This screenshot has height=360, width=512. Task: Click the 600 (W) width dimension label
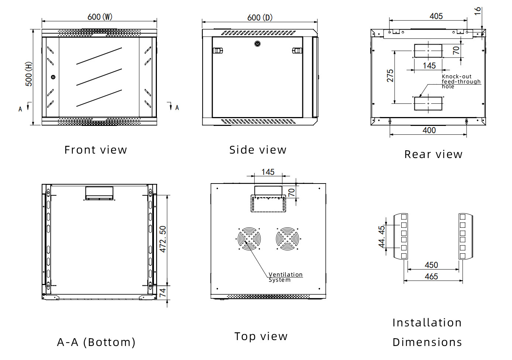point(100,17)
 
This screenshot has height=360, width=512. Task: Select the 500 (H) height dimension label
point(29,74)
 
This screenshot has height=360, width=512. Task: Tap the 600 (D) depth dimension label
point(260,18)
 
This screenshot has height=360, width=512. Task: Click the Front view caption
point(96,150)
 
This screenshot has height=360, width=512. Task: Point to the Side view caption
point(258,150)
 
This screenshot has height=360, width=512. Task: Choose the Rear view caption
point(433,154)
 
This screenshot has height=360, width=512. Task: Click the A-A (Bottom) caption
point(96,342)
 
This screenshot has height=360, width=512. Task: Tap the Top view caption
point(261,336)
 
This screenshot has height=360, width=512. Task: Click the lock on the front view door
point(53,77)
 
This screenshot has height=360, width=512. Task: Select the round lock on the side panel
point(258,44)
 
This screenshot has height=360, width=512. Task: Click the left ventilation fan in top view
point(249,239)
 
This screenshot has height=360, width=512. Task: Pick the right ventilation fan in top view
point(288,239)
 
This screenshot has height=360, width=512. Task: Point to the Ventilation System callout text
point(285,277)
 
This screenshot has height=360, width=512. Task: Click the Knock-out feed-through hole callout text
point(461,82)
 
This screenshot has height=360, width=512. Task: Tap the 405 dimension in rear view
point(436,16)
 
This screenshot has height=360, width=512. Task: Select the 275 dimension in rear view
point(390,76)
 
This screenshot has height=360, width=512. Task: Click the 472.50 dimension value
point(163,239)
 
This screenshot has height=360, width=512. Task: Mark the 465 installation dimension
point(431,277)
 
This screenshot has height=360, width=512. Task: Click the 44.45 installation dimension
point(382,237)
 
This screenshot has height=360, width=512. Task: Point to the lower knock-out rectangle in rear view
point(428,104)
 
